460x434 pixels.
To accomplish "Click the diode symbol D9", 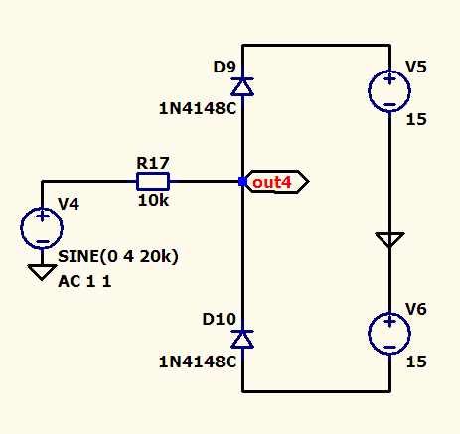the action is pyautogui.click(x=242, y=86).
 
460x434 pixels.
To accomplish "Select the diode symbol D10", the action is pyautogui.click(x=242, y=339).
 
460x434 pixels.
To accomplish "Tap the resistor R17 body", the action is pyautogui.click(x=153, y=181).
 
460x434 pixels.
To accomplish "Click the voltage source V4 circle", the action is pyautogui.click(x=42, y=228).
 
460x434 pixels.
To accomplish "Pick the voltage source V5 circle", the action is pyautogui.click(x=389, y=90).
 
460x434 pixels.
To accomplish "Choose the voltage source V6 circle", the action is pyautogui.click(x=389, y=333).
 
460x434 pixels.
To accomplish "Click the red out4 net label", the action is pyautogui.click(x=272, y=182).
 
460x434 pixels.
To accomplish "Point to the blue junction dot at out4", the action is pyautogui.click(x=242, y=181).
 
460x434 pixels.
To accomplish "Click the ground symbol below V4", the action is pyautogui.click(x=42, y=272).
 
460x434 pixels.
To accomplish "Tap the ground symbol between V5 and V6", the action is pyautogui.click(x=389, y=240).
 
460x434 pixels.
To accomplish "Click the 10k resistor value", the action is pyautogui.click(x=153, y=201).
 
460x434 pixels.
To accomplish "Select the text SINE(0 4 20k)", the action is pyautogui.click(x=118, y=256).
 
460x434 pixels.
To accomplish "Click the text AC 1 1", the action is pyautogui.click(x=84, y=282).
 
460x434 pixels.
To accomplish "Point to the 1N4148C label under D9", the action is pyautogui.click(x=198, y=108).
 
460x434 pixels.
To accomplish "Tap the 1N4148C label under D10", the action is pyautogui.click(x=198, y=362).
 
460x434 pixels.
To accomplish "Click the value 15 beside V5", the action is pyautogui.click(x=416, y=119).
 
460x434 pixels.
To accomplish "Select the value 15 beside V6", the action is pyautogui.click(x=416, y=362).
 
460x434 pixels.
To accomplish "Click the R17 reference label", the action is pyautogui.click(x=153, y=163).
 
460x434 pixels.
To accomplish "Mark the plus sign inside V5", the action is pyautogui.click(x=389, y=79).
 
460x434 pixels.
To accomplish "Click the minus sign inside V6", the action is pyautogui.click(x=389, y=348).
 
